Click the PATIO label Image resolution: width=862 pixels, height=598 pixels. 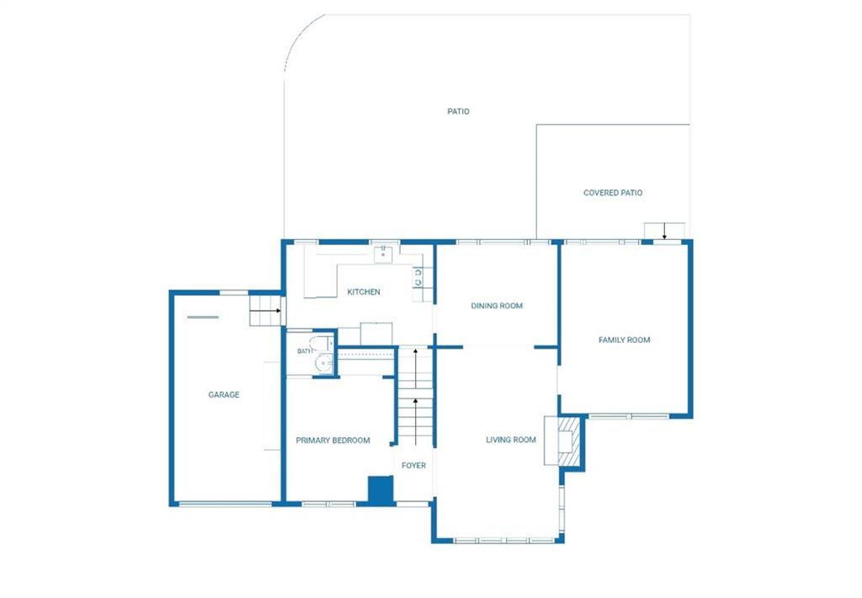pyautogui.click(x=458, y=112)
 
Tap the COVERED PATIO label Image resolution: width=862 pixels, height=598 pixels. pyautogui.click(x=613, y=193)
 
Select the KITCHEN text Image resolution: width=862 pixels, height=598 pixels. pyautogui.click(x=364, y=292)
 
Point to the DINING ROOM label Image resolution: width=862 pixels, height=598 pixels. pyautogui.click(x=497, y=306)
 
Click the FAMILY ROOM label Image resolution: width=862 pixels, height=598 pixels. pyautogui.click(x=624, y=340)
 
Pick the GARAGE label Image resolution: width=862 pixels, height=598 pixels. pyautogui.click(x=224, y=394)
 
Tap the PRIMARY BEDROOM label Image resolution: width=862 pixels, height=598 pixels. pyautogui.click(x=333, y=440)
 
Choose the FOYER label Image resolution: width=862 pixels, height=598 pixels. pyautogui.click(x=413, y=466)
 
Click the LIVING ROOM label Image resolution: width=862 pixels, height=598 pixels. pyautogui.click(x=511, y=440)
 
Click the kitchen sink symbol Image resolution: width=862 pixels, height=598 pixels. pyautogui.click(x=383, y=254)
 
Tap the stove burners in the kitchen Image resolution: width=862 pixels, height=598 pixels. pyautogui.click(x=418, y=277)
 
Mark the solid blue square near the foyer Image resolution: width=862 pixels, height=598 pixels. pyautogui.click(x=380, y=489)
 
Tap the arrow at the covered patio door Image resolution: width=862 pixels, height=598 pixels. pyautogui.click(x=664, y=231)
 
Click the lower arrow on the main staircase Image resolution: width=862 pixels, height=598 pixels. pyautogui.click(x=416, y=421)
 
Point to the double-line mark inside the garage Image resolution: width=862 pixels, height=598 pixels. pyautogui.click(x=203, y=317)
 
